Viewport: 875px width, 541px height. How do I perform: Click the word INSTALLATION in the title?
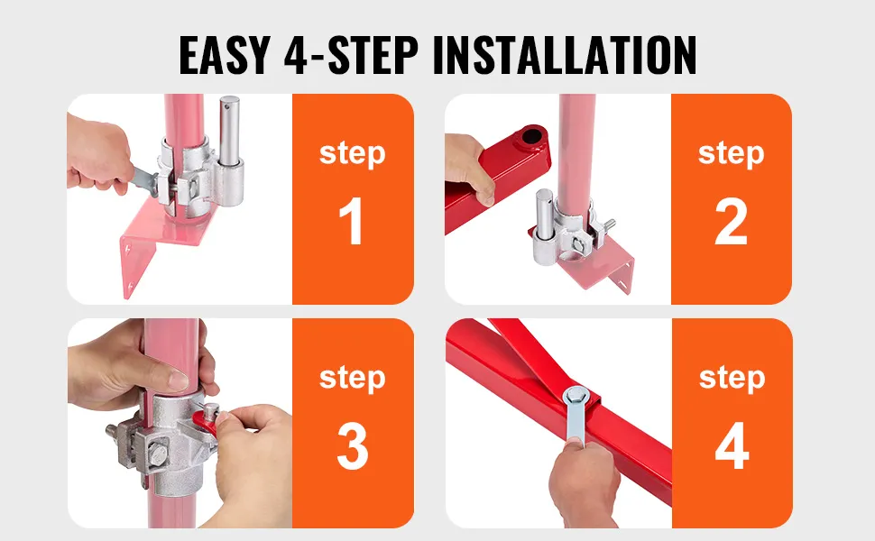[564, 55]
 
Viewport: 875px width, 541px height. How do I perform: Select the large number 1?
[352, 221]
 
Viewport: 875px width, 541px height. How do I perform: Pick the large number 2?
[731, 221]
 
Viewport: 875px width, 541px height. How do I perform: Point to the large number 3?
[353, 445]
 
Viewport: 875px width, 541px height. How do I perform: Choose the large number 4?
[732, 445]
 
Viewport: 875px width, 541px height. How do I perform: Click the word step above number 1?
[352, 153]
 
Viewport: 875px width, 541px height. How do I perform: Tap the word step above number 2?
[731, 153]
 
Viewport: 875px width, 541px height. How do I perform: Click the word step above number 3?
[352, 378]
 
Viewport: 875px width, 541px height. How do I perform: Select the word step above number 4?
[732, 378]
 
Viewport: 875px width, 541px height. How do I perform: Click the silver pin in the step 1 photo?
[229, 131]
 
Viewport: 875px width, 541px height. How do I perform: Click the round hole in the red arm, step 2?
[532, 136]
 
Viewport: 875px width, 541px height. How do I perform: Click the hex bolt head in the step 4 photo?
[575, 398]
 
